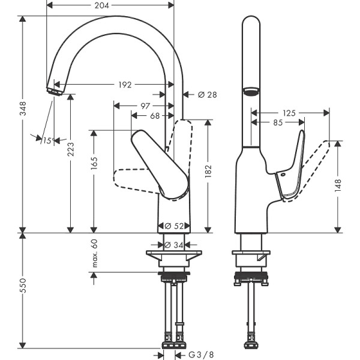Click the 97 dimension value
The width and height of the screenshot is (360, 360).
coord(145,106)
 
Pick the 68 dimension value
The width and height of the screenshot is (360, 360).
coord(155,116)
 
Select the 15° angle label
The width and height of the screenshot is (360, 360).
coord(48,140)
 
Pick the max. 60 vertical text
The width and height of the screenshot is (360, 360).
coord(94,253)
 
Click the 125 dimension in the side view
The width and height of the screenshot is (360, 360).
coord(290,112)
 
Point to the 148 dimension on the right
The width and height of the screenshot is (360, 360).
coord(338,186)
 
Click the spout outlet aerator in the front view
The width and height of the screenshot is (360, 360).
coord(55,91)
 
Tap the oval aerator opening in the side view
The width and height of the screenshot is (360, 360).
coord(251,91)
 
